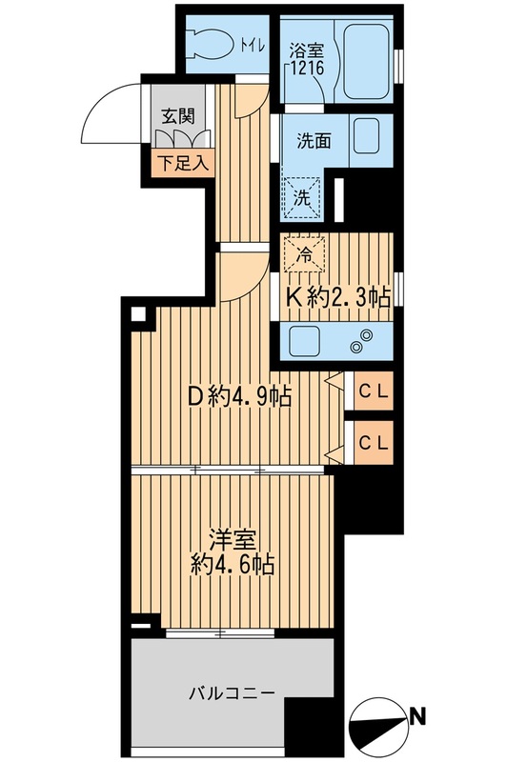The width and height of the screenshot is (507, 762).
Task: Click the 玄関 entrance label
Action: point(176,117)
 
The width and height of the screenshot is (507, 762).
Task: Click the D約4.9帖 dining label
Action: point(237,393)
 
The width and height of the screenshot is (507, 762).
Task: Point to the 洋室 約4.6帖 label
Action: point(232,551)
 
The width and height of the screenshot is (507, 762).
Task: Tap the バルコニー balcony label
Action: point(232,692)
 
